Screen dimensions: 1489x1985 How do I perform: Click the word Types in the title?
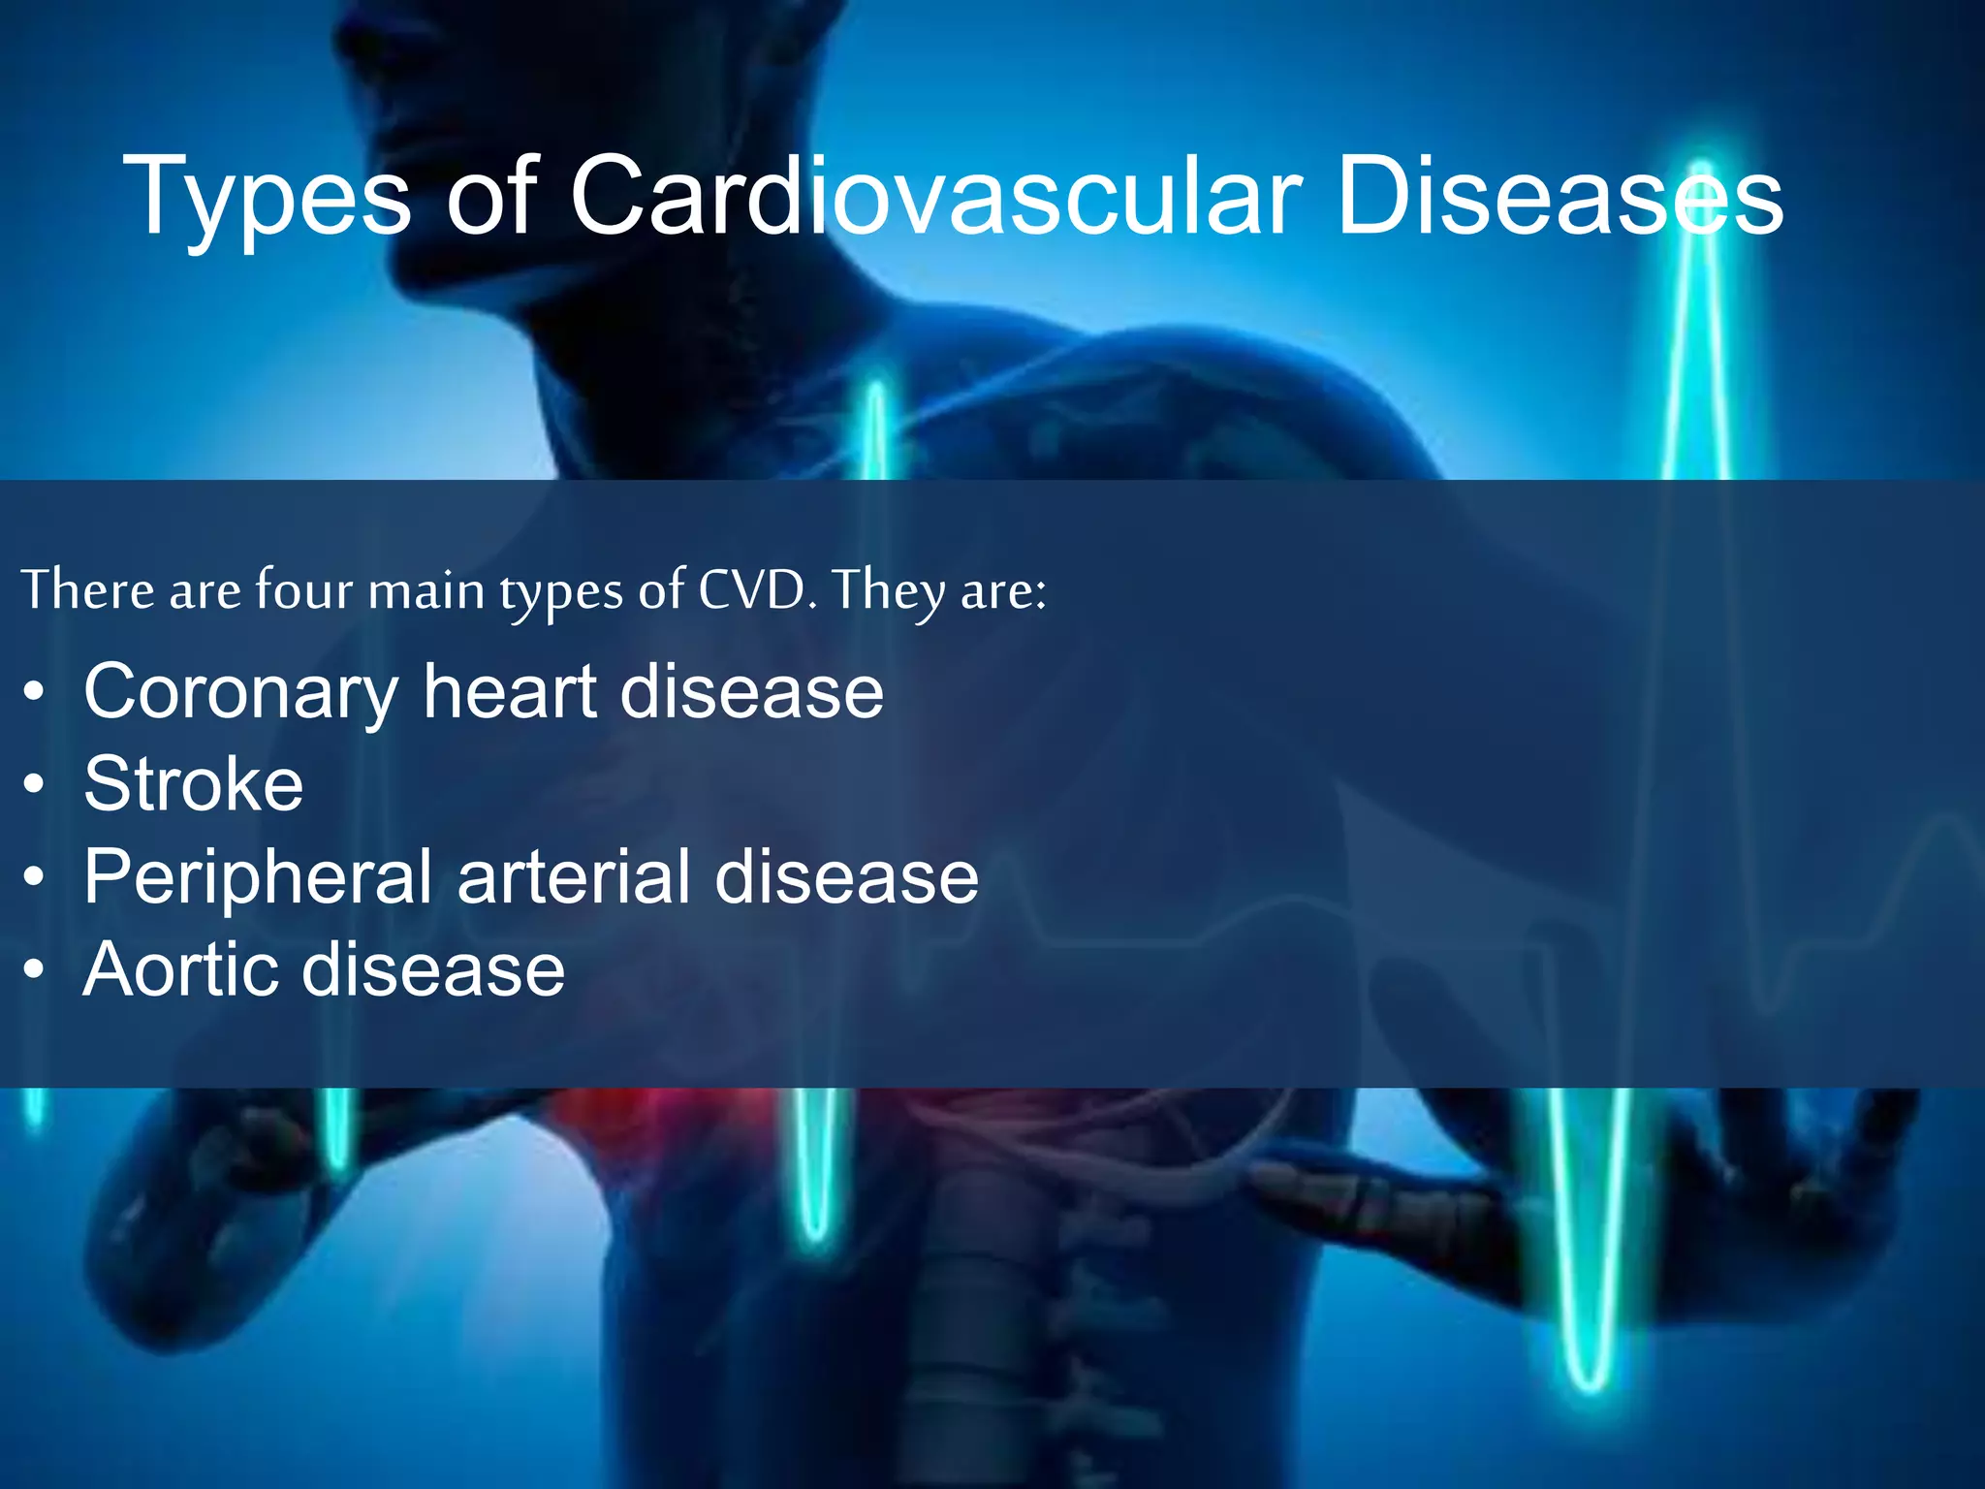(x=267, y=199)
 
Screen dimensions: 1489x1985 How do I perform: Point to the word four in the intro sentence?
(x=303, y=589)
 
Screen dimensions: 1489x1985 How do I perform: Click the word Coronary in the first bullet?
(x=240, y=694)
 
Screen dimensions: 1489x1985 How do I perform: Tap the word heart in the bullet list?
(x=510, y=692)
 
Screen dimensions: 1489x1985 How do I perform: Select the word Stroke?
(x=194, y=784)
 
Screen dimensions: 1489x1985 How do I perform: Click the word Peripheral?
(x=258, y=878)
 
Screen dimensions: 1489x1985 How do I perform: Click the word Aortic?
(x=179, y=969)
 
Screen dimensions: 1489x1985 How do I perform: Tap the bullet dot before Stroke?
(x=35, y=785)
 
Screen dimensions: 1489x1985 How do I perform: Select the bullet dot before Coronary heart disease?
(x=35, y=693)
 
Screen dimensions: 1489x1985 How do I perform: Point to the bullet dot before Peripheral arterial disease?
(x=35, y=877)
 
